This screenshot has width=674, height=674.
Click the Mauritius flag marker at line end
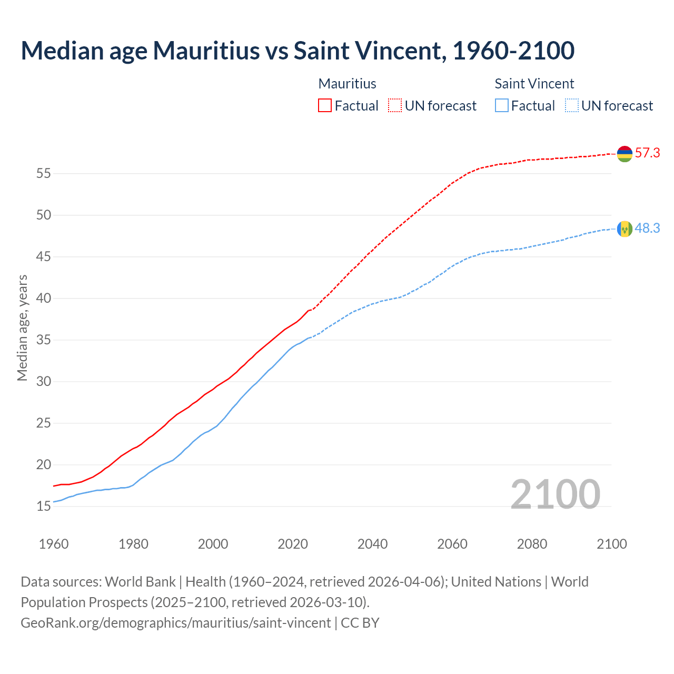pyautogui.click(x=625, y=154)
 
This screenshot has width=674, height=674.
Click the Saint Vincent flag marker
pyautogui.click(x=625, y=229)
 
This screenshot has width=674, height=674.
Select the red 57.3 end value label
pyautogui.click(x=647, y=153)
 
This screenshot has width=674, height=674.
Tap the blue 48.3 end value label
pyautogui.click(x=647, y=229)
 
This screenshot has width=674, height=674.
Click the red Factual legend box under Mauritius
pyautogui.click(x=325, y=106)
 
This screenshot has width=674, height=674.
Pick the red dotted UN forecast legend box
pyautogui.click(x=395, y=106)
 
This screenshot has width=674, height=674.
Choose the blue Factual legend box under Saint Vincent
pyautogui.click(x=502, y=106)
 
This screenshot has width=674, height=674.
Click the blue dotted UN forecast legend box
pyautogui.click(x=571, y=106)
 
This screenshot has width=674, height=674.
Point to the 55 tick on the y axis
pyautogui.click(x=43, y=173)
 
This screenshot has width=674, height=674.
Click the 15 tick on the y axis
pyautogui.click(x=43, y=507)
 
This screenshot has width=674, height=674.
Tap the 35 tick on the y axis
pyautogui.click(x=43, y=340)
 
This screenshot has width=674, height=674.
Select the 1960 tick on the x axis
pyautogui.click(x=54, y=544)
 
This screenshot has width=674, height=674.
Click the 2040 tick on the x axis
pyautogui.click(x=372, y=544)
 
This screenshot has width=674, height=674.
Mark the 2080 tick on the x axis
pyautogui.click(x=532, y=544)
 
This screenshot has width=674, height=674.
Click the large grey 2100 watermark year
pyautogui.click(x=555, y=494)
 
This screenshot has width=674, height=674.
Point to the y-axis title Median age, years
pyautogui.click(x=22, y=328)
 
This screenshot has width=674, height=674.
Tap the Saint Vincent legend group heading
pyautogui.click(x=534, y=84)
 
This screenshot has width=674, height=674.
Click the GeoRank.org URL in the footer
pyautogui.click(x=175, y=623)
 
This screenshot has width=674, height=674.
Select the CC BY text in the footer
pyautogui.click(x=360, y=623)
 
